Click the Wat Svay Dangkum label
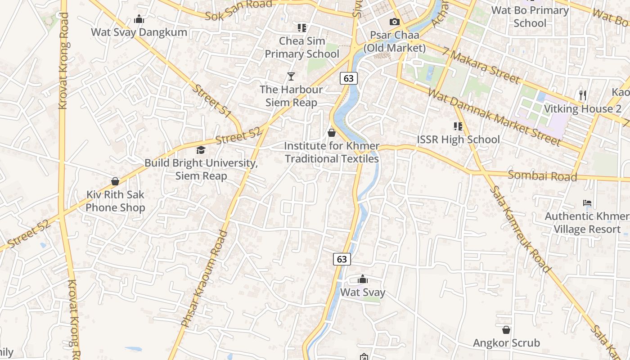(139, 32)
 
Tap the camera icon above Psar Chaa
(394, 22)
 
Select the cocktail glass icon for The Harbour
(291, 76)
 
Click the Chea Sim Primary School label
(301, 47)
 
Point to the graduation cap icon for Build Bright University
(201, 150)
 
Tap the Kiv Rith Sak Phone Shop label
(115, 201)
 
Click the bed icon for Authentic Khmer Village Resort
(587, 203)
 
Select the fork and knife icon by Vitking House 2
(583, 95)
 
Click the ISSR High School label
(458, 139)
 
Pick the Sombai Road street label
(542, 175)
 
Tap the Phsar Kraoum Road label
(204, 278)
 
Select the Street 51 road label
(211, 101)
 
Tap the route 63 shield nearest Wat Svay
(342, 259)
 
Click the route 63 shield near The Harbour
(348, 78)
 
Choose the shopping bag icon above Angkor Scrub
(506, 330)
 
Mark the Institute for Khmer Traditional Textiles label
(332, 153)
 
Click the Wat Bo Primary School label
(530, 17)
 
